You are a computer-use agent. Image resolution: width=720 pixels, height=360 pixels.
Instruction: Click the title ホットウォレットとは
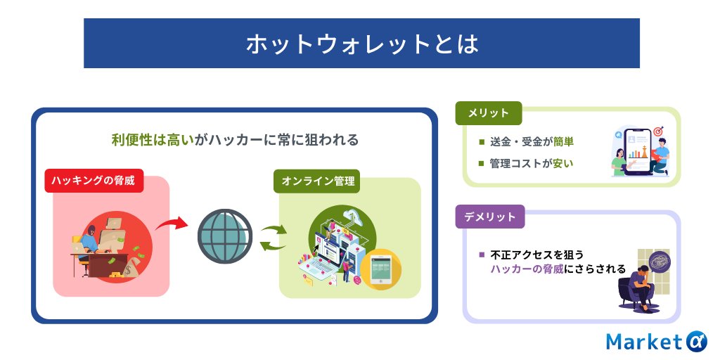[361, 44]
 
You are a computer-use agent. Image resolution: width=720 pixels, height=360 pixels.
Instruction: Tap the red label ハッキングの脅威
[94, 181]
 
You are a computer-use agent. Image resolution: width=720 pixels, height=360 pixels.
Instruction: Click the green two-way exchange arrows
[274, 237]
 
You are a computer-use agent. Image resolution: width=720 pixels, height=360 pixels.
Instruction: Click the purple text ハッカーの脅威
[527, 269]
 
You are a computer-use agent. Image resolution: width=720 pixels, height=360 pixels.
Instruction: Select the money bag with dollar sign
[132, 268]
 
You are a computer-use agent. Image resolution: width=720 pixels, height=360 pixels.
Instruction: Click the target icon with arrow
[658, 131]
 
